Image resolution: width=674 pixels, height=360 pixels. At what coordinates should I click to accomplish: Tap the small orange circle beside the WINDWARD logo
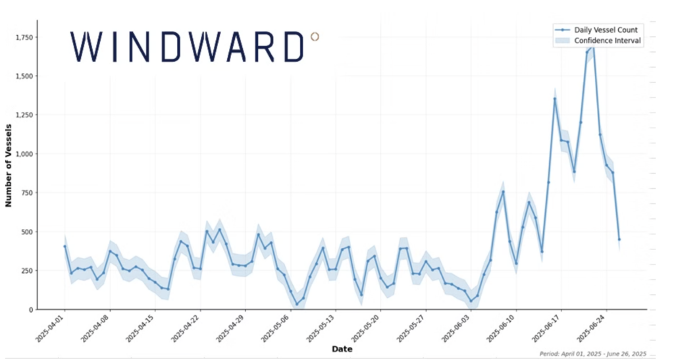[x=315, y=37]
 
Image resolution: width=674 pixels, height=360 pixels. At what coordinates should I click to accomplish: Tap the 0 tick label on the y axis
[x=31, y=309]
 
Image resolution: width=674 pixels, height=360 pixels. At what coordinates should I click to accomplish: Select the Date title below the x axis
[x=342, y=349]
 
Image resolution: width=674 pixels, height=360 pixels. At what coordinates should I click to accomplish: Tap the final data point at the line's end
[x=619, y=240]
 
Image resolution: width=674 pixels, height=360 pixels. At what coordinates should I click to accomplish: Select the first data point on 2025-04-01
[x=65, y=246]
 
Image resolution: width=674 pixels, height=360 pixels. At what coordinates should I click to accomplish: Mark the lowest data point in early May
[x=297, y=304]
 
